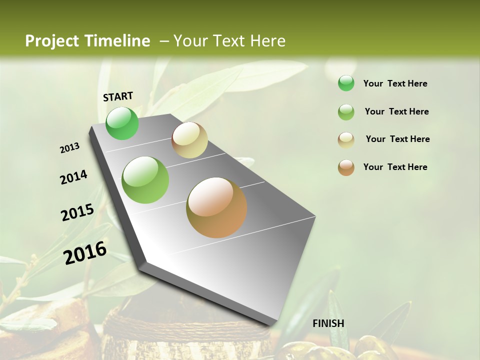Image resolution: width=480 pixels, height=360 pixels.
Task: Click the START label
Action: [118, 96]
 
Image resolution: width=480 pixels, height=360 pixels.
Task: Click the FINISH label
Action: [328, 323]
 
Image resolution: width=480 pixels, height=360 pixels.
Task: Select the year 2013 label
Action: [69, 148]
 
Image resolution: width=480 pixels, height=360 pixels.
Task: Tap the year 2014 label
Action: [73, 177]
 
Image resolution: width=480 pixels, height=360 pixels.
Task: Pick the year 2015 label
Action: [77, 212]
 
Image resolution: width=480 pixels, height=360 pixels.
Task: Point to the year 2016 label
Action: [85, 253]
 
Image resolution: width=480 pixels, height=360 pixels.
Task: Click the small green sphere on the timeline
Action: [122, 123]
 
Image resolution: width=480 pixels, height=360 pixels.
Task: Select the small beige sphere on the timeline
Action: [189, 140]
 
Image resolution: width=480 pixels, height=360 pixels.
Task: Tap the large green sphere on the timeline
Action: [145, 180]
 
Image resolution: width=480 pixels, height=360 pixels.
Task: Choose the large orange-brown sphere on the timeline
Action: [216, 207]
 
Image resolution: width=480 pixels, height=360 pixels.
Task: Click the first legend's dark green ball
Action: [346, 83]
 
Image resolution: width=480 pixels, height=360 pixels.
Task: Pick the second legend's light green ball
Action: [346, 112]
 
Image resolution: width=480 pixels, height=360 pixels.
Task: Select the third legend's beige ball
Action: [346, 139]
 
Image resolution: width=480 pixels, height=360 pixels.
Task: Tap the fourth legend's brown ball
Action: [346, 167]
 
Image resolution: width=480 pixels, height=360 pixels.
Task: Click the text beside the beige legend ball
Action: [397, 139]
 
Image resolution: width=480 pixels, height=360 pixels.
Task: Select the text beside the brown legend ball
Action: [395, 167]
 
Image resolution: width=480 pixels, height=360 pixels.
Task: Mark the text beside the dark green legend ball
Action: [395, 83]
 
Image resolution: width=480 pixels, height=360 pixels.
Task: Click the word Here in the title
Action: [267, 41]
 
